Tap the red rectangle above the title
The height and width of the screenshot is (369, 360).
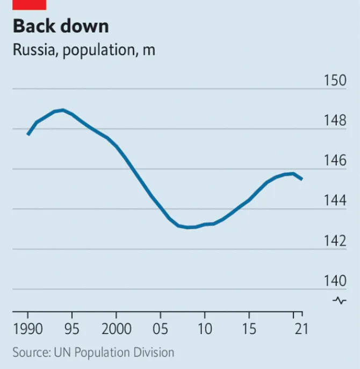pos(29,4)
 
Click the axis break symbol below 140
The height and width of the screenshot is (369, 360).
pos(340,301)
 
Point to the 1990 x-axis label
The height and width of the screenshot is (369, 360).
pos(27,328)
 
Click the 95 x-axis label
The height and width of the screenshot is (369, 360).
pos(71,328)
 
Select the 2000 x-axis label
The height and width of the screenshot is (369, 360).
pos(116,328)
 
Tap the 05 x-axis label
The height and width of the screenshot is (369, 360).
pos(160,328)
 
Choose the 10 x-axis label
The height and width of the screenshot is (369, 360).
pos(204,328)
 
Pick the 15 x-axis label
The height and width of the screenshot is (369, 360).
pos(248,328)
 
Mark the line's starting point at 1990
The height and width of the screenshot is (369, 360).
pos(27,134)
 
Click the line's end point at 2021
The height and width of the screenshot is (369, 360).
pos(302,179)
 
